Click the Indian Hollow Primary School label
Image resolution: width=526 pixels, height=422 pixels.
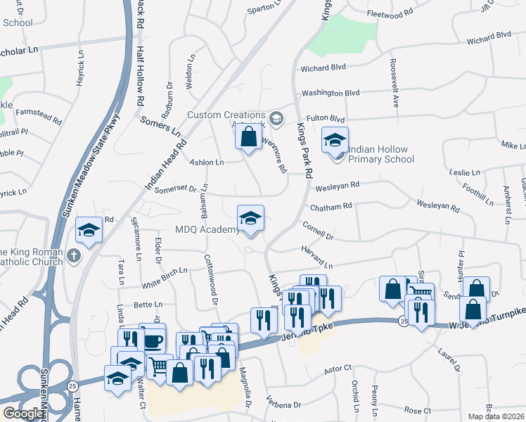point(381,159)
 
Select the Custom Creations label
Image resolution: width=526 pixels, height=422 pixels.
point(226,115)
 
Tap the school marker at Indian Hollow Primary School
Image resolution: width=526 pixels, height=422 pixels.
point(335,140)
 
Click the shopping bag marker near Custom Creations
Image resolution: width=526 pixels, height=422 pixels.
point(248,136)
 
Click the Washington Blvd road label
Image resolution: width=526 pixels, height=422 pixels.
point(331,93)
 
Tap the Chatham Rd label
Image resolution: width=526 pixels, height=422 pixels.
point(332,206)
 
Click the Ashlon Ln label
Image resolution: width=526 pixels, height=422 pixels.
point(207,162)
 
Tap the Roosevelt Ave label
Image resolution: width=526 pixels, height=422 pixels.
point(394,80)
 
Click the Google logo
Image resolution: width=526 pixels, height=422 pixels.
point(23,414)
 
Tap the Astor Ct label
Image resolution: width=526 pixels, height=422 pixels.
point(337,369)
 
